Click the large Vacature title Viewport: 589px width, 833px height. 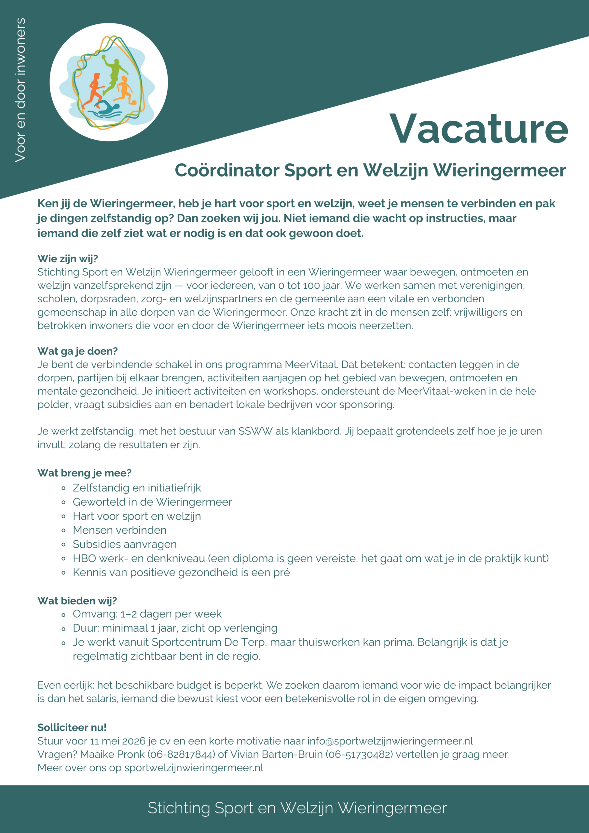click(x=478, y=129)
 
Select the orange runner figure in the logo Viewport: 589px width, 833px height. click(x=94, y=91)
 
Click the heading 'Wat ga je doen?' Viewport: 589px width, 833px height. click(x=78, y=351)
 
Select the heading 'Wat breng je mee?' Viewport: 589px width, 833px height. click(x=84, y=473)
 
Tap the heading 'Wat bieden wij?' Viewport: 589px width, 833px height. click(x=77, y=600)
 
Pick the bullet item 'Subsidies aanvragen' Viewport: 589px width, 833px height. click(x=125, y=544)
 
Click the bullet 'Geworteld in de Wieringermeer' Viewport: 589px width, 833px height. click(x=152, y=502)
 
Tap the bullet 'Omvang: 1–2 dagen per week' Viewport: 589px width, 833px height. click(x=147, y=614)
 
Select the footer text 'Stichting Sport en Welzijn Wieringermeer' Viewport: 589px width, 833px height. click(x=297, y=808)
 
